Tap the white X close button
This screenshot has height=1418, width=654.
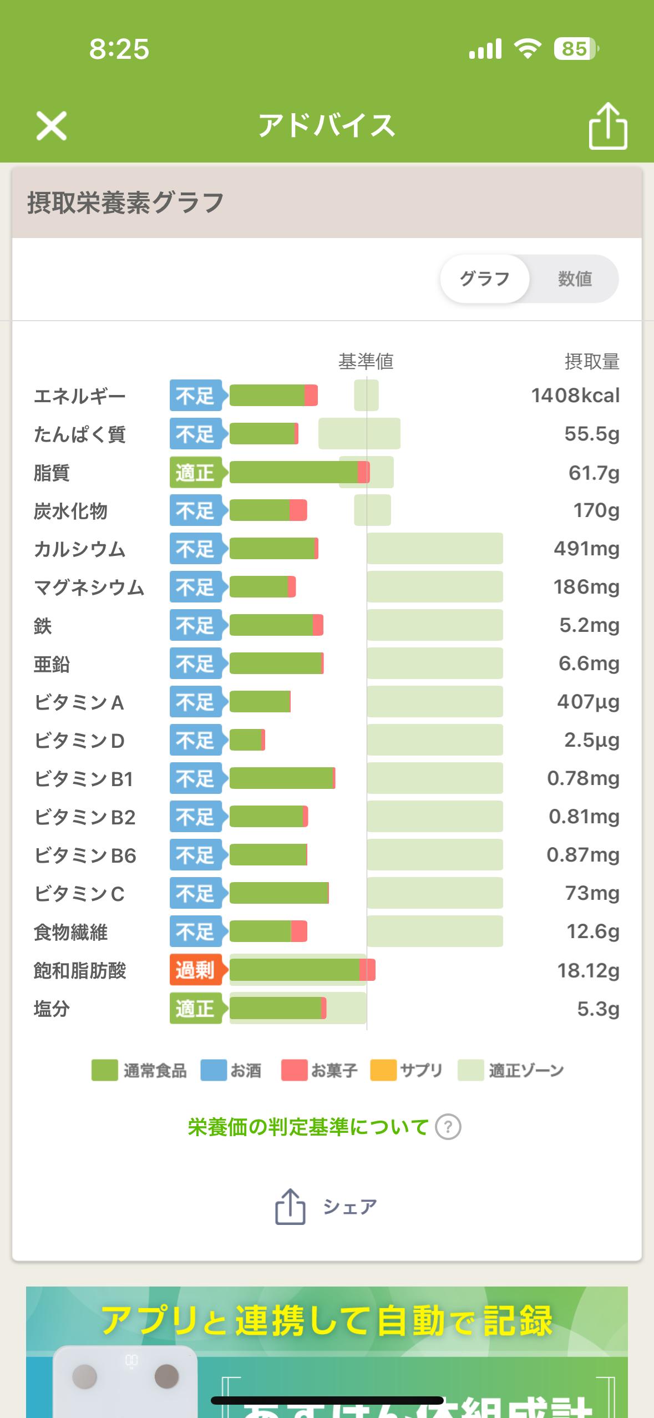pos(52,125)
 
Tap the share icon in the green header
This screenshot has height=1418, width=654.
pos(607,126)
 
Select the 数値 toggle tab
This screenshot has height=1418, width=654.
pos(575,278)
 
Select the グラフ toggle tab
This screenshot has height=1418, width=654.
pos(484,278)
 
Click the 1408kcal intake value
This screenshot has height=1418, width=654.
pos(575,396)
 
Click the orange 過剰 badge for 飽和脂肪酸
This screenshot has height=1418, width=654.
pos(196,970)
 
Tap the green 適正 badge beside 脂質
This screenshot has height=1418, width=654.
pos(196,473)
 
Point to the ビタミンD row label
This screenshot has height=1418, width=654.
pos(79,741)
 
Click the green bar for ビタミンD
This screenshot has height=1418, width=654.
pos(246,740)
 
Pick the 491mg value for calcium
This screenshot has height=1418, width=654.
pos(586,549)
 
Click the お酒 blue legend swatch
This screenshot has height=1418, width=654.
pos(214,1070)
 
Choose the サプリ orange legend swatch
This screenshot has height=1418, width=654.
pos(383,1070)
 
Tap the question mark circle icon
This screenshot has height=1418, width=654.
pos(448,1127)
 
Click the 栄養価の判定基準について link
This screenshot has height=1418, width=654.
pos(308,1127)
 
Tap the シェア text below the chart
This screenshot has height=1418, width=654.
pos(350,1207)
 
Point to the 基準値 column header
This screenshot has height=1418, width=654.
pos(366,362)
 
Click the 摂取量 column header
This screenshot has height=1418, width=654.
pos(592,362)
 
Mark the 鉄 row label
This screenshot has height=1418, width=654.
pos(43,626)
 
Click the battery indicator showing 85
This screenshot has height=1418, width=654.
pos(575,49)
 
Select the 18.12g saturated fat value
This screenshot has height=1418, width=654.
pos(588,970)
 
